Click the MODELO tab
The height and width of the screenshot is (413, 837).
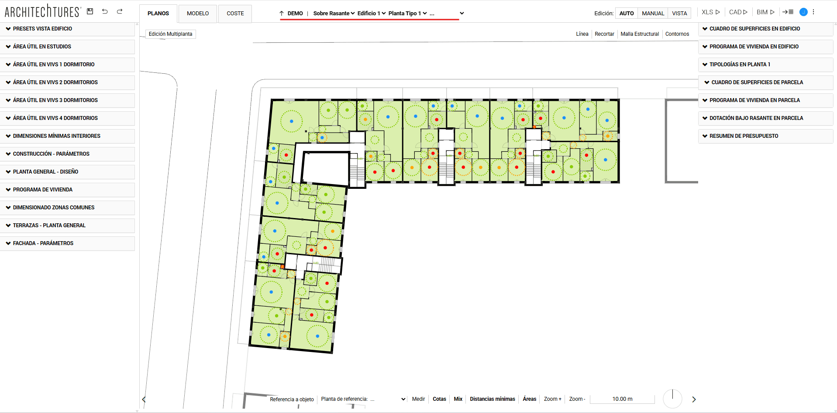(198, 14)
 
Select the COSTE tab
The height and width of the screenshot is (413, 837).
(235, 14)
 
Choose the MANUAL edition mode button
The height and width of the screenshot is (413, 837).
(653, 14)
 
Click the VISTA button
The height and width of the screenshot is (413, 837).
(679, 14)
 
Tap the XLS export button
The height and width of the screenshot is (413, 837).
(710, 12)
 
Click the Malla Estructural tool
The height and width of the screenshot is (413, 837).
(640, 34)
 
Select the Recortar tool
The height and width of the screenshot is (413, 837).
(604, 34)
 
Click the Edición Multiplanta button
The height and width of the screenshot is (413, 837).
(170, 34)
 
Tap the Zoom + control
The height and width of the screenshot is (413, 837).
(552, 399)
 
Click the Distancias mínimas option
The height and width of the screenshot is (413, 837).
(493, 399)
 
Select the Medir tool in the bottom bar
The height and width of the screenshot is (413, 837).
(418, 399)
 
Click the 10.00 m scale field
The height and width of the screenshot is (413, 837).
(622, 399)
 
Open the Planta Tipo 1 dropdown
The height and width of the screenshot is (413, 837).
(407, 14)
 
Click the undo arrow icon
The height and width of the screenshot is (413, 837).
(105, 11)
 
